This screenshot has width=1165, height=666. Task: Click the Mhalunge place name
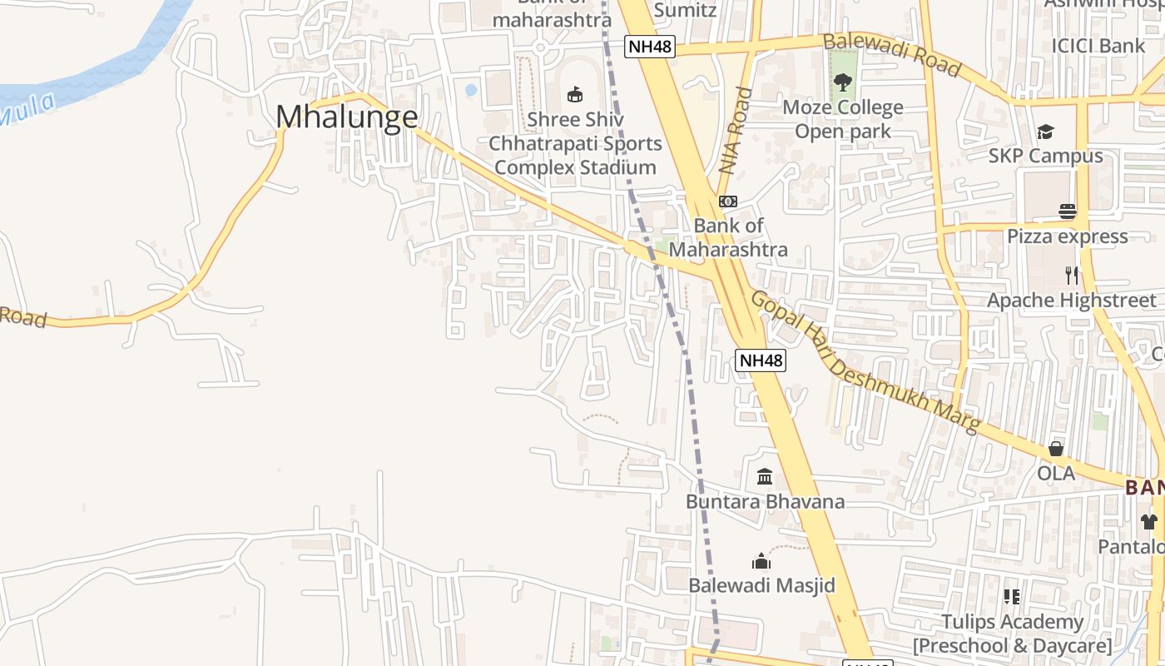point(346,117)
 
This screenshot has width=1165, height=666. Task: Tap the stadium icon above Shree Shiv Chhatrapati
point(575,94)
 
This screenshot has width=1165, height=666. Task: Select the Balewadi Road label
point(891,54)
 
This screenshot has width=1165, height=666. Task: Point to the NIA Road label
point(736,131)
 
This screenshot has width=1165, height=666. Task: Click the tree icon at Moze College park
point(843,82)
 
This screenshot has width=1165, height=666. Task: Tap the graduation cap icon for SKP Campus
point(1045,132)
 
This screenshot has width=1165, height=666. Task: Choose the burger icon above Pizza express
point(1068,211)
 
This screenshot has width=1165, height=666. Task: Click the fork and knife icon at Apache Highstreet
point(1072,275)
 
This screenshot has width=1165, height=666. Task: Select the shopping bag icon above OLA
point(1056,449)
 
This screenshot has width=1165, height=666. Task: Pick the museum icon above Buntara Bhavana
point(765,477)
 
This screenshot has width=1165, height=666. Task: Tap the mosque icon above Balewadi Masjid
point(761,561)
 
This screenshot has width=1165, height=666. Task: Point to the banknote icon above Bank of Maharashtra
point(728,201)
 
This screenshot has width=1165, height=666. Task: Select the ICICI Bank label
point(1098,46)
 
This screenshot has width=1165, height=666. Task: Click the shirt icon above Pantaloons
point(1149,522)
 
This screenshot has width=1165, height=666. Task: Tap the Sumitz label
point(685,10)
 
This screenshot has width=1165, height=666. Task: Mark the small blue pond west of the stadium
point(471,89)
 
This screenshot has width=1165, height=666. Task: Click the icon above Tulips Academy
point(1012,597)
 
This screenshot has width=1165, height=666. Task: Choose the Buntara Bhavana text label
point(765,501)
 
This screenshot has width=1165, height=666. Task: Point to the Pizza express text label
point(1068,236)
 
